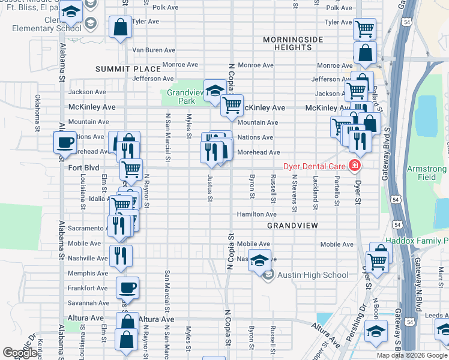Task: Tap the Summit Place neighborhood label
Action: point(128,70)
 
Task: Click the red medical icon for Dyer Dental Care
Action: point(355,165)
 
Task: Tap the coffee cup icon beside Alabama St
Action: point(65,143)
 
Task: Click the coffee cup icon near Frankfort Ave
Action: point(127,288)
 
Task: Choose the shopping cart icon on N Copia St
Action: point(232,106)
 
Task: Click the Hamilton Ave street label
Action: point(256,214)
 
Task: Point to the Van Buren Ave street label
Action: point(153,50)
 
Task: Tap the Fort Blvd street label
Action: point(83,168)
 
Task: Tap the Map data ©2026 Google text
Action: point(411,355)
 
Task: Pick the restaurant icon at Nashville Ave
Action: point(121,255)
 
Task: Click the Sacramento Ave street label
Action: point(88,229)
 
